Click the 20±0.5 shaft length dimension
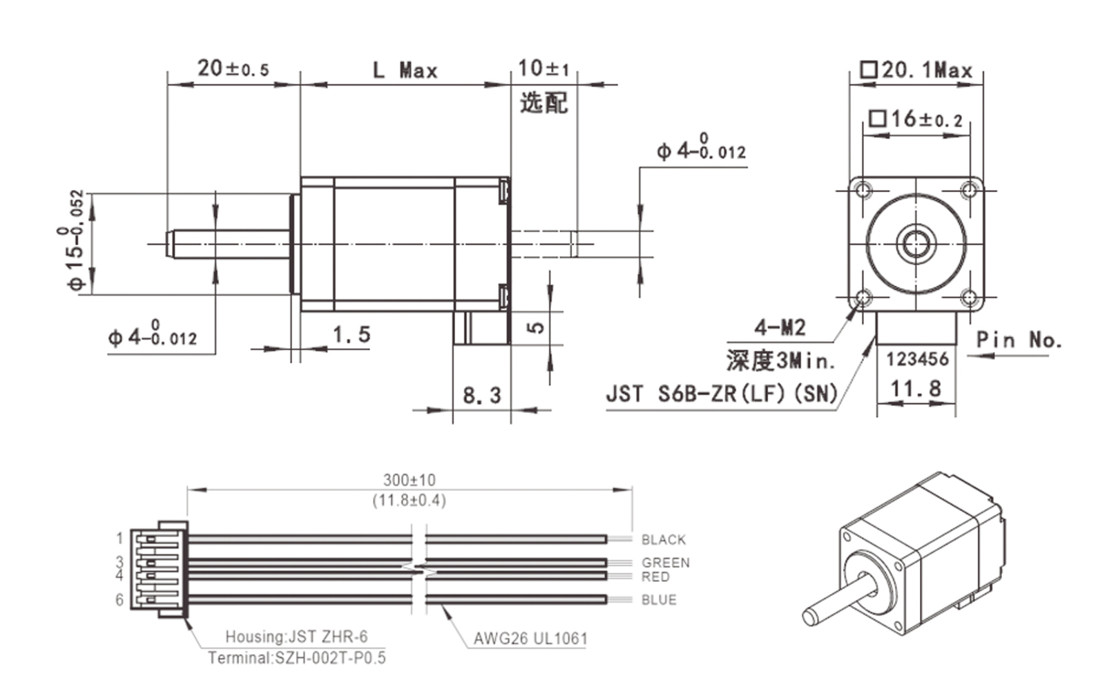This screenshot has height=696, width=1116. pyautogui.click(x=233, y=68)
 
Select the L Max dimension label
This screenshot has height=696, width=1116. pyautogui.click(x=405, y=70)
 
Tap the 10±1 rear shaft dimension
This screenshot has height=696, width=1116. pyautogui.click(x=543, y=68)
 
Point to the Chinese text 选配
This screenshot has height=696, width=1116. pyautogui.click(x=543, y=103)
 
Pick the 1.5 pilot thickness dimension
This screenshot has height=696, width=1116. pyautogui.click(x=351, y=335)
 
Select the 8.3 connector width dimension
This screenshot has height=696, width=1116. pyautogui.click(x=481, y=396)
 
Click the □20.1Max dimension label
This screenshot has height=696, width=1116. pyautogui.click(x=916, y=70)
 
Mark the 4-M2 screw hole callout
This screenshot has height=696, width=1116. pyautogui.click(x=780, y=327)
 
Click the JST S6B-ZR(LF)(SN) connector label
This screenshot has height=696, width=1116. pyautogui.click(x=722, y=394)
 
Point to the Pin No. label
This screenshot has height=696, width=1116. pyautogui.click(x=1018, y=340)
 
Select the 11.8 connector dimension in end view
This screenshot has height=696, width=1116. pyautogui.click(x=916, y=389)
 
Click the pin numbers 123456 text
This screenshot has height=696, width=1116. pyautogui.click(x=917, y=359)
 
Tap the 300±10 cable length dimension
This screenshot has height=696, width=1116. pyautogui.click(x=410, y=480)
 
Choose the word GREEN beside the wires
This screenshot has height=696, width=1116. pyautogui.click(x=665, y=563)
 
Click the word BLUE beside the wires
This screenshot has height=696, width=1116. pyautogui.click(x=659, y=600)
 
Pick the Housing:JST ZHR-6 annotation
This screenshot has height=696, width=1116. pyautogui.click(x=296, y=637)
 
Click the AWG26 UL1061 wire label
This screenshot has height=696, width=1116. pyautogui.click(x=530, y=639)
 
